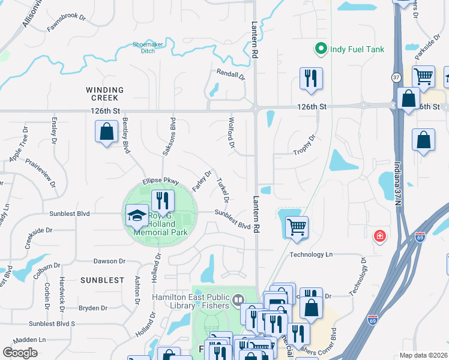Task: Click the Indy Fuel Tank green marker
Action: [321, 49]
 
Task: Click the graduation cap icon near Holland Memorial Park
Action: [137, 215]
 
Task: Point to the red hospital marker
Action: [379, 236]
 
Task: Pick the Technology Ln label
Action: [311, 254]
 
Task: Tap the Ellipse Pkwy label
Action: [160, 181]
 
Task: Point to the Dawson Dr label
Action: [109, 261]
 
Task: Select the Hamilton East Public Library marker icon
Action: [238, 299]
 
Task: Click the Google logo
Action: [20, 353]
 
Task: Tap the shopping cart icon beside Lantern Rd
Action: [296, 227]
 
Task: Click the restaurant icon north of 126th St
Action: [311, 79]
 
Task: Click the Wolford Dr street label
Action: [231, 133]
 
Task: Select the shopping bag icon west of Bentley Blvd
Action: [106, 131]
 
